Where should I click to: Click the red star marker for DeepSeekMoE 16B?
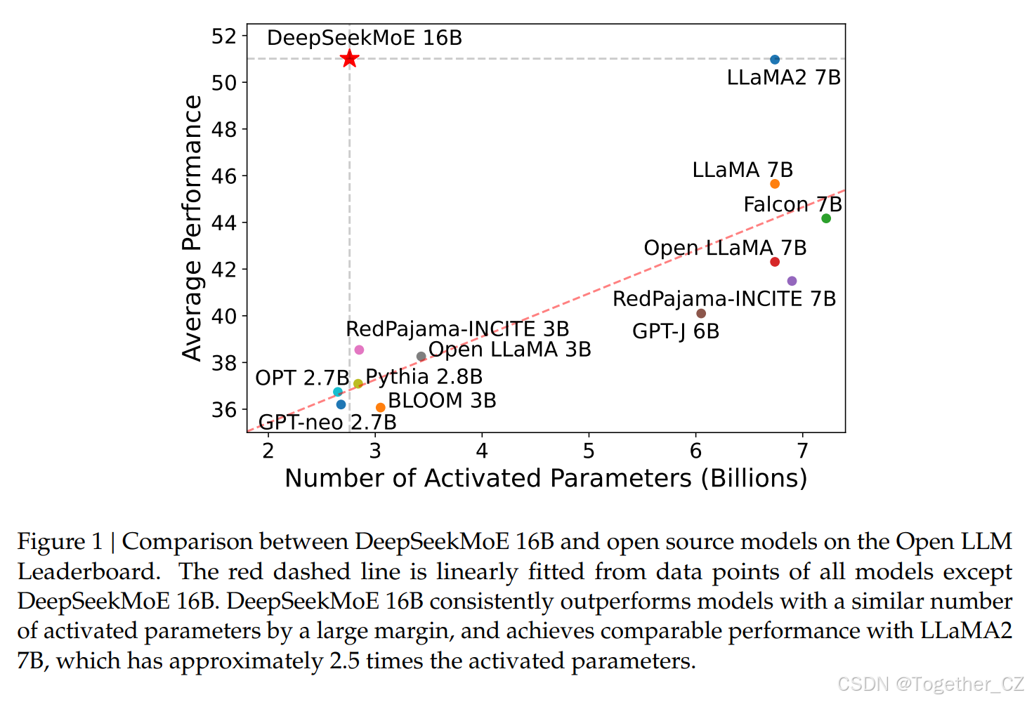tap(349, 59)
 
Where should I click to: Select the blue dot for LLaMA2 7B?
tap(775, 60)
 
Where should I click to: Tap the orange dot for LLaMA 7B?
tap(775, 184)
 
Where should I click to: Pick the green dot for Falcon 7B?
tap(826, 218)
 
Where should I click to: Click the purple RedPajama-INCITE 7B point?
tap(792, 281)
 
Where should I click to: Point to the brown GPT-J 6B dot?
tap(701, 313)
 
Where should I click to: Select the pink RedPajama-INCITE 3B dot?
tap(359, 350)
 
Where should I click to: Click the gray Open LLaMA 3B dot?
tap(421, 357)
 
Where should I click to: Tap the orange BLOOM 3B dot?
tap(381, 407)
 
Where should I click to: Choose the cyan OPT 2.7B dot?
tap(338, 392)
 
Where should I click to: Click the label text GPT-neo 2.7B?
tap(327, 422)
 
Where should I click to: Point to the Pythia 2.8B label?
tap(424, 377)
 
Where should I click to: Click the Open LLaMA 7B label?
tap(725, 248)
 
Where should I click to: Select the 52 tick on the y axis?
tap(224, 36)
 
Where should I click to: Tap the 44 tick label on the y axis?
tap(224, 223)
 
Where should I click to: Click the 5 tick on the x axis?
tap(589, 451)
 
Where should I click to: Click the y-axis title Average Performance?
tap(192, 228)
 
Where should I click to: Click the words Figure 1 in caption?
tap(60, 541)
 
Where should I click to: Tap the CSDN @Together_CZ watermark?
tap(931, 683)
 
